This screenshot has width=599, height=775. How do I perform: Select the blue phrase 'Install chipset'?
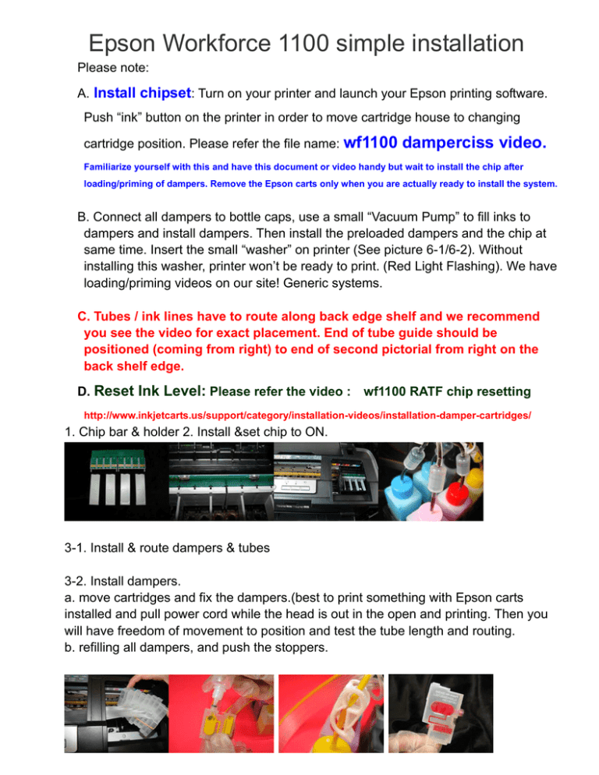click(x=143, y=94)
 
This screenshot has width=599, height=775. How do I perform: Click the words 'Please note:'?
click(x=111, y=69)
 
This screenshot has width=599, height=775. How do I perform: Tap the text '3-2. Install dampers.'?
click(x=125, y=581)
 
